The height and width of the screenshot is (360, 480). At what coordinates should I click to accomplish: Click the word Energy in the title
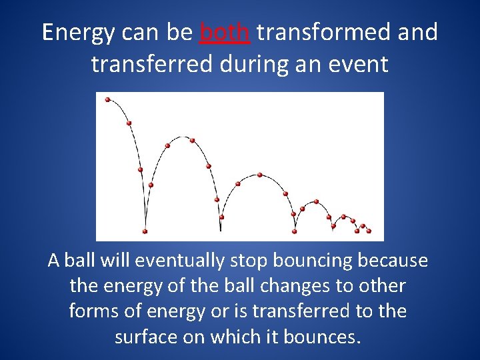77,33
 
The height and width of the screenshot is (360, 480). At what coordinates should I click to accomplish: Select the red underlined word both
225,32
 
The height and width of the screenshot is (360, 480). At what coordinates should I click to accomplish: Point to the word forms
92,311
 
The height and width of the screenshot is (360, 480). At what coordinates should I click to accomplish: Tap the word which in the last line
236,337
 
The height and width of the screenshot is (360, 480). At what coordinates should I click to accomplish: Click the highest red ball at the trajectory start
108,100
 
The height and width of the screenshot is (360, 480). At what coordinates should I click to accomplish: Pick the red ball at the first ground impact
145,231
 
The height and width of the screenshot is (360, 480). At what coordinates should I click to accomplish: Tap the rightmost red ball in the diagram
369,231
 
